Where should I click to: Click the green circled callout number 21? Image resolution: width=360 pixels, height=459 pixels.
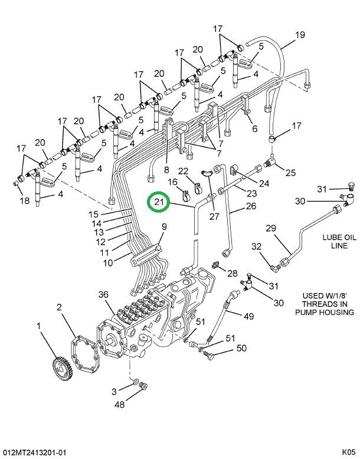(x=158, y=204)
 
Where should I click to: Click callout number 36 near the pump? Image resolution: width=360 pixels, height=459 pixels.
(x=104, y=295)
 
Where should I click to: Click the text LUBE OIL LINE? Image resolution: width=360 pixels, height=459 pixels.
(x=335, y=242)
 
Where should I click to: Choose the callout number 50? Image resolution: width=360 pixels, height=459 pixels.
(x=241, y=349)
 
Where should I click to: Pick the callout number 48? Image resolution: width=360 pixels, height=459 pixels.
(x=120, y=405)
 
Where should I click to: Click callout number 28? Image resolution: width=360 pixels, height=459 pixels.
(x=232, y=273)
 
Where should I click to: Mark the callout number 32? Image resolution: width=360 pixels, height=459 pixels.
(x=256, y=246)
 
